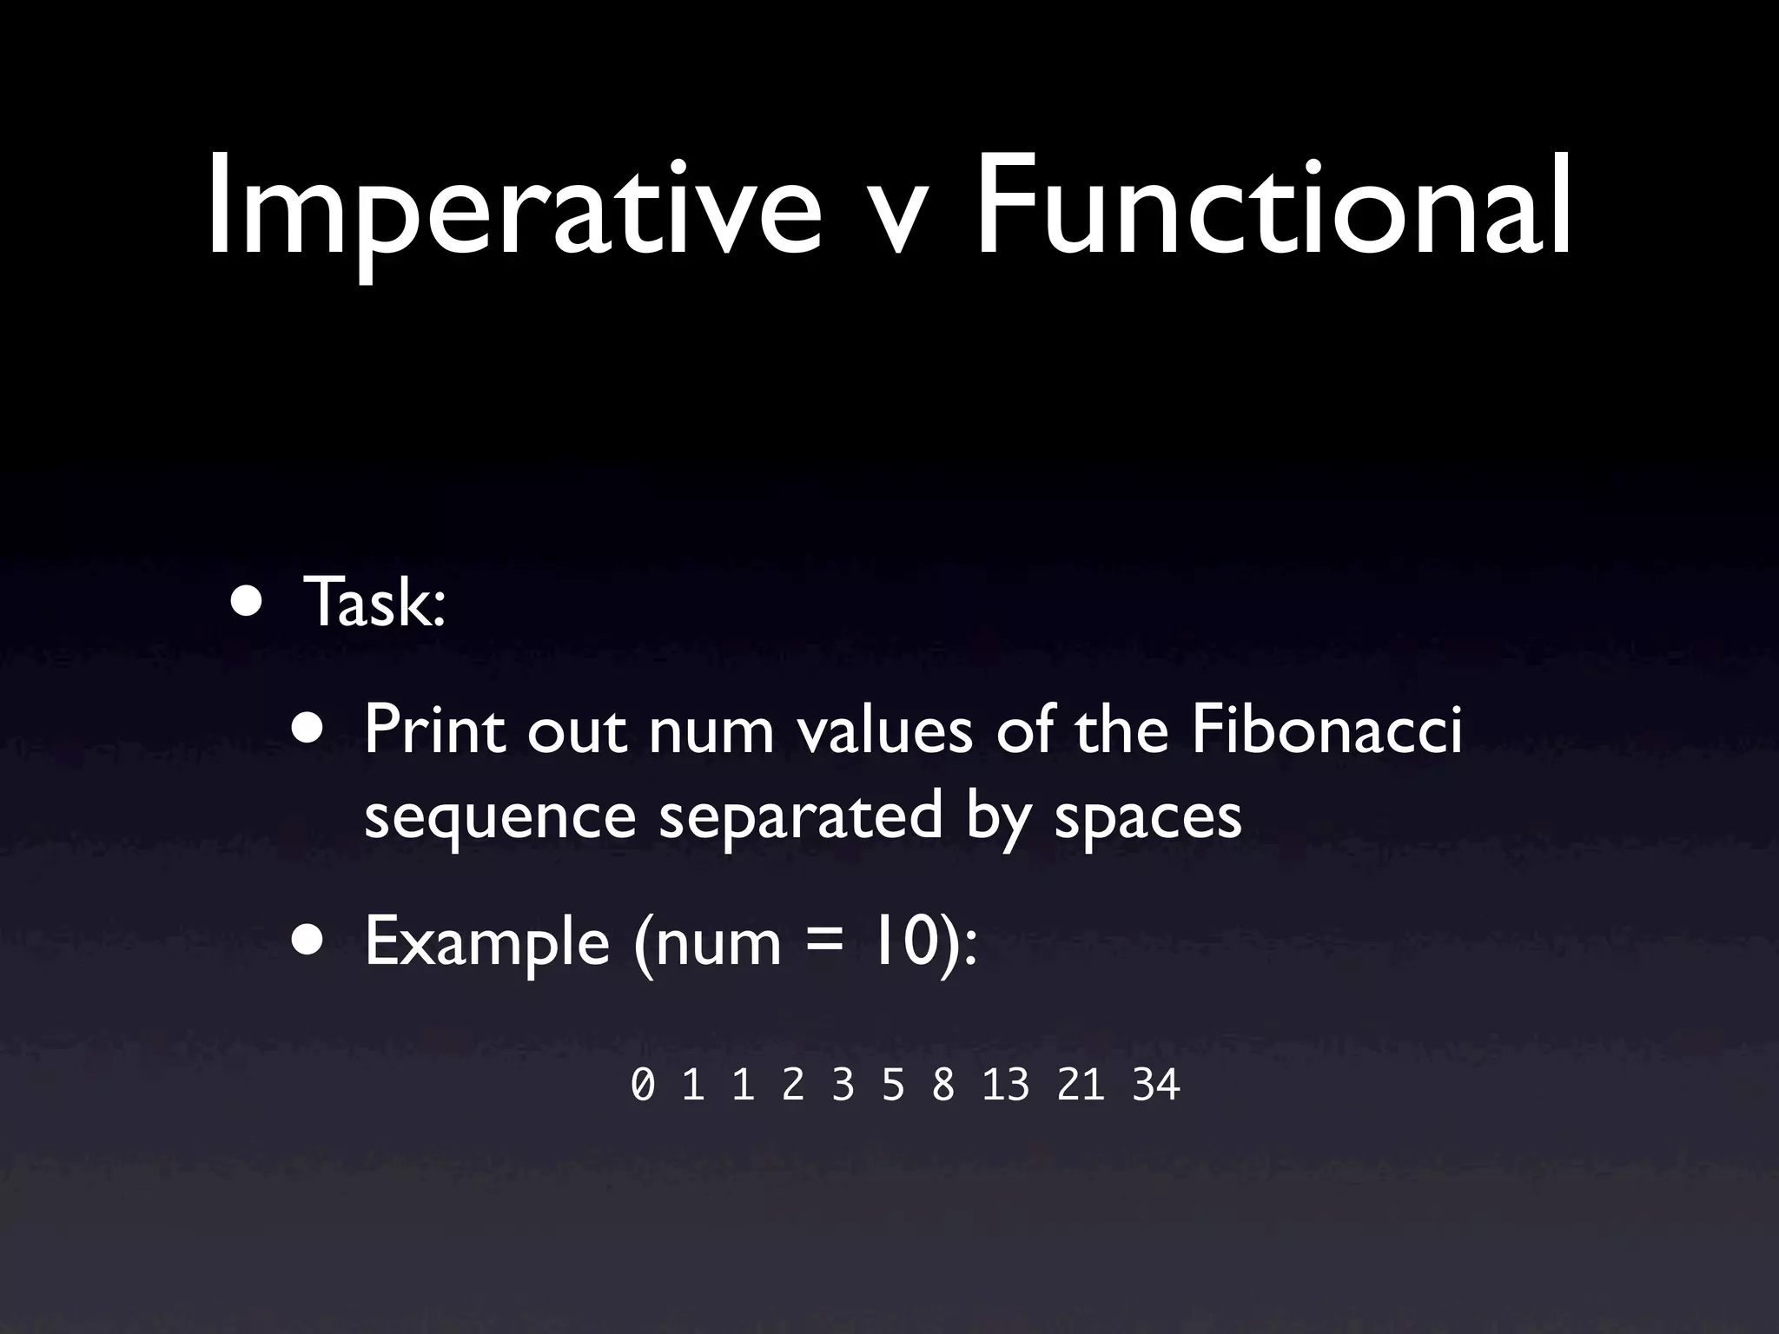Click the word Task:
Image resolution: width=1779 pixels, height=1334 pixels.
tap(374, 603)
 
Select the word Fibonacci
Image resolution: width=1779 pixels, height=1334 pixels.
tap(1326, 730)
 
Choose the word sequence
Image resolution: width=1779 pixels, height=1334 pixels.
tap(499, 818)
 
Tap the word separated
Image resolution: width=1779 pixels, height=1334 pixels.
tap(800, 818)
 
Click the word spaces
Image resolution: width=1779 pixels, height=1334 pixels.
tap(1148, 818)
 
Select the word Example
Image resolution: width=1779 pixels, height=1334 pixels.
tap(486, 941)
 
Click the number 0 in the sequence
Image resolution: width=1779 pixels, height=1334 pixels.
tap(643, 1086)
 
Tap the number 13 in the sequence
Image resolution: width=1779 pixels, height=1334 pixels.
tap(1006, 1086)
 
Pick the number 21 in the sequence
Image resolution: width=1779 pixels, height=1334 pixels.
tap(1081, 1086)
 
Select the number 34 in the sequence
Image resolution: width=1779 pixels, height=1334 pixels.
tap(1156, 1086)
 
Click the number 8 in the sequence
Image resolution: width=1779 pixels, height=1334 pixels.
tap(942, 1086)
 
